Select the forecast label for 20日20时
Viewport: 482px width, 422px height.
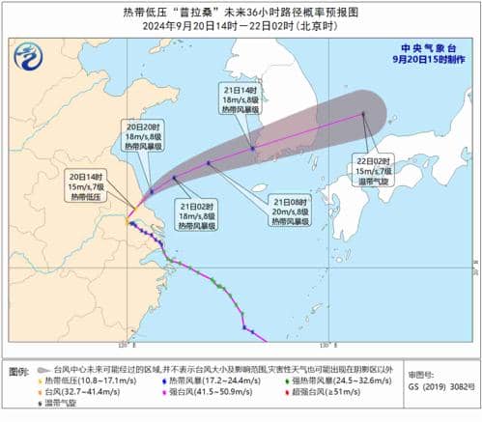pos(141,139)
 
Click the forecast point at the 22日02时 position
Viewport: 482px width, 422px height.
pos(363,114)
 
